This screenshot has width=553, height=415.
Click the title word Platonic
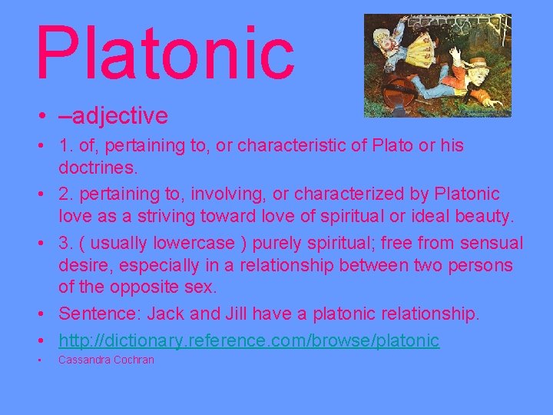pyautogui.click(x=164, y=53)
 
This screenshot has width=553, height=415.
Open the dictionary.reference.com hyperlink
pyautogui.click(x=249, y=339)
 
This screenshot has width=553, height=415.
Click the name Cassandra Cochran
pyautogui.click(x=106, y=360)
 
